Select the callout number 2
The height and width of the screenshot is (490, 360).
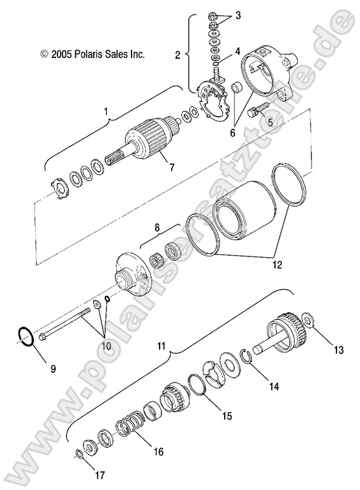[178, 55]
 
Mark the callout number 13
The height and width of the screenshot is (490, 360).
[338, 349]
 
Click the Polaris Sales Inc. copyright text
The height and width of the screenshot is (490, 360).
[93, 55]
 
